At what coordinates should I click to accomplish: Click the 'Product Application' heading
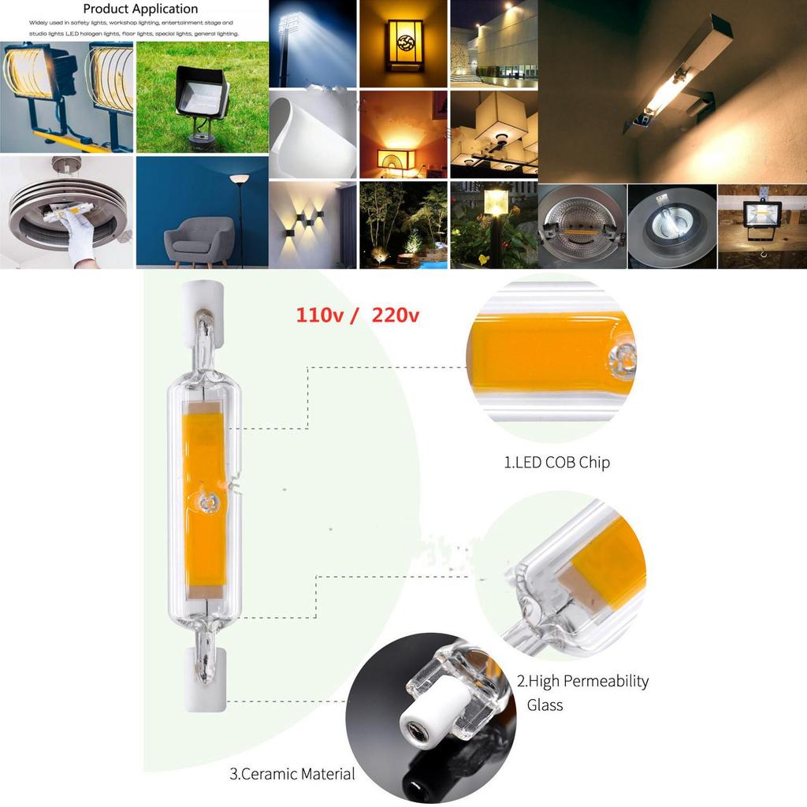pyautogui.click(x=140, y=9)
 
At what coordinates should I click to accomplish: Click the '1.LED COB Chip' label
pyautogui.click(x=556, y=463)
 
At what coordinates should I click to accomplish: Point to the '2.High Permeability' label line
pyautogui.click(x=582, y=681)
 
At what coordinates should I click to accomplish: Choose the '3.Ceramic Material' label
pyautogui.click(x=292, y=774)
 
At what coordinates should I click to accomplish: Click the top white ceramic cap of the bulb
pyautogui.click(x=203, y=301)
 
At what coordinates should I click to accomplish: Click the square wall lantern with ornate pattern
pyautogui.click(x=405, y=45)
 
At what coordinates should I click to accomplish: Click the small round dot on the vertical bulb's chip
pyautogui.click(x=205, y=500)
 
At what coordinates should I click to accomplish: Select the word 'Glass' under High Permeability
pyautogui.click(x=545, y=705)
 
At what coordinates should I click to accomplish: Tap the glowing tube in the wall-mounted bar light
pyautogui.click(x=667, y=94)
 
